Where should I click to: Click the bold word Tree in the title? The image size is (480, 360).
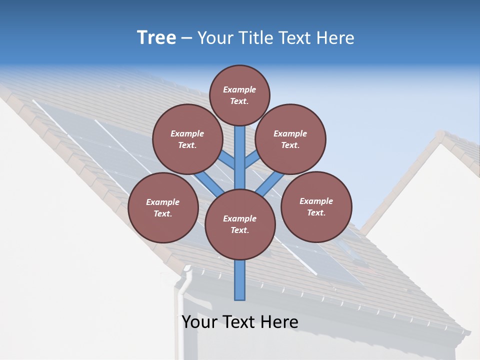click(x=156, y=38)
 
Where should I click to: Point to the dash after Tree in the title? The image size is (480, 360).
click(x=187, y=38)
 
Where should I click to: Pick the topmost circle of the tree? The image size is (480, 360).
click(x=239, y=95)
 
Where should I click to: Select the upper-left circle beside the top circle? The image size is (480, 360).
click(x=187, y=139)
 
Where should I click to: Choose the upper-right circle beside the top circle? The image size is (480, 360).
click(x=290, y=139)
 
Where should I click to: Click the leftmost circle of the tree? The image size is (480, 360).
click(x=163, y=207)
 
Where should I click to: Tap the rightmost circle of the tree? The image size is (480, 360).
click(x=316, y=206)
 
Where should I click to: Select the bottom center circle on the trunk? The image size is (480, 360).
click(x=240, y=224)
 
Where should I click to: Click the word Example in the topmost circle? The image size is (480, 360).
click(x=239, y=89)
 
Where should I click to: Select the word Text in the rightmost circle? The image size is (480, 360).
click(x=315, y=212)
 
